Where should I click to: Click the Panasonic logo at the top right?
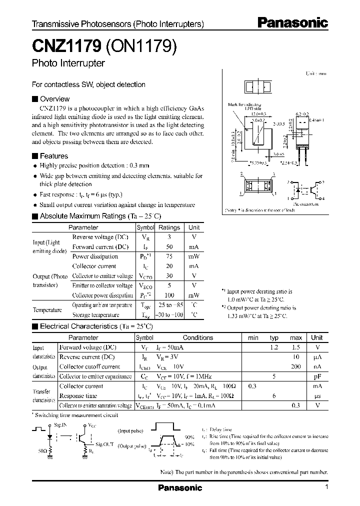(x=292, y=22)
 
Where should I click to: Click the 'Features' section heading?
(x=53, y=156)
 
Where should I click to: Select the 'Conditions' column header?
(x=198, y=337)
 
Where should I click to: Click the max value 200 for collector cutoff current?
(x=296, y=366)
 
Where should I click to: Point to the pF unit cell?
(x=317, y=376)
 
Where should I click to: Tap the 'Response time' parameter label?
(x=78, y=395)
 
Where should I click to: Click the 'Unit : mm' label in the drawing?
(x=315, y=73)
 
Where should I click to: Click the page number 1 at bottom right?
(x=326, y=487)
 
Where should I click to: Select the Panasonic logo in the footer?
(x=180, y=488)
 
